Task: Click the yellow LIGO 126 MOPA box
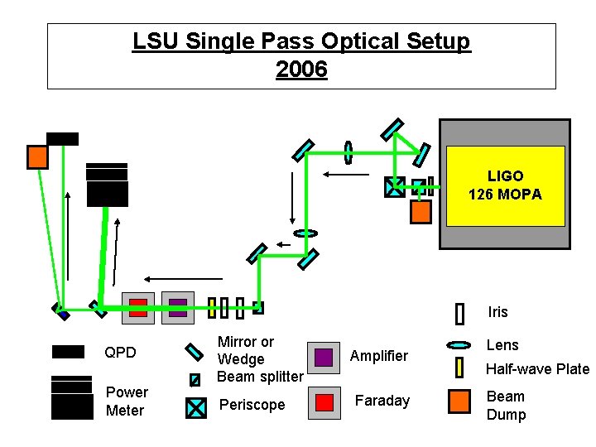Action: tap(505, 186)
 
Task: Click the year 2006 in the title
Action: tap(301, 70)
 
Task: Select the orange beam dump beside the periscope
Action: tap(421, 212)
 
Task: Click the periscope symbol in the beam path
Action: tap(395, 187)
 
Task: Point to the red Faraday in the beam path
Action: tap(138, 307)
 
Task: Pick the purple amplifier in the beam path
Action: tap(178, 307)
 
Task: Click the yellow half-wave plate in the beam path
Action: tap(212, 308)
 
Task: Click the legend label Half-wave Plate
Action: tap(537, 369)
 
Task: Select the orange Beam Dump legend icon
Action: tap(459, 401)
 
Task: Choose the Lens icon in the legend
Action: tap(459, 345)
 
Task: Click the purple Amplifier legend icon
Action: tap(324, 357)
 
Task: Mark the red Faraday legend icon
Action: tap(324, 401)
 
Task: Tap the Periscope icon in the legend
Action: tap(195, 407)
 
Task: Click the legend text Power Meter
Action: tap(127, 401)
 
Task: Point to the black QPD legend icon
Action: tap(68, 352)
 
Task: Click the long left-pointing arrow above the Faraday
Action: tap(183, 279)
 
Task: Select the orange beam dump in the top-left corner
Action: tap(36, 156)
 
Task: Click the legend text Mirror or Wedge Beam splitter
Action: tap(259, 359)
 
